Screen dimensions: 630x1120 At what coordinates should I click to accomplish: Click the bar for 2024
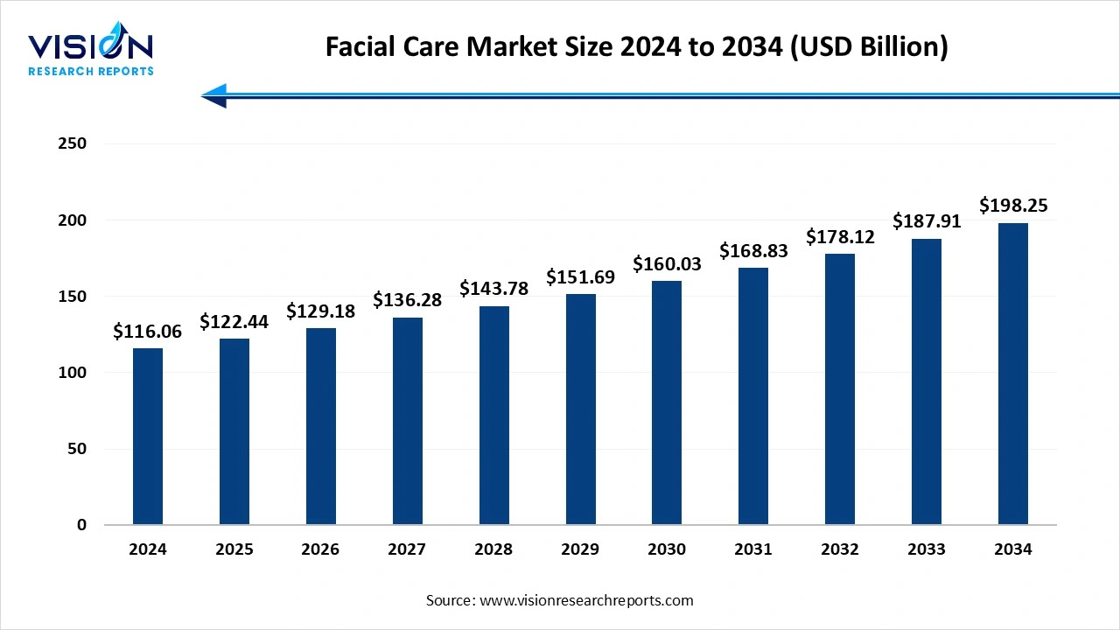click(148, 437)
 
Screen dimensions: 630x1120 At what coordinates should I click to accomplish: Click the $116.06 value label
click(148, 332)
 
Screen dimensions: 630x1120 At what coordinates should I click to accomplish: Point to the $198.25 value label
click(1013, 206)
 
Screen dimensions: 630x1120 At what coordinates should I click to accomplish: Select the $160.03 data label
click(667, 263)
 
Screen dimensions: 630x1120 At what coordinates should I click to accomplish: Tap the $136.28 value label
click(407, 300)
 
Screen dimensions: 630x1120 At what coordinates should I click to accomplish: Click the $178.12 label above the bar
click(840, 236)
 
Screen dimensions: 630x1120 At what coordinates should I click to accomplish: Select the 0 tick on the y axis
click(81, 525)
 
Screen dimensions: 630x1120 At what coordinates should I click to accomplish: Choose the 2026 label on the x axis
click(321, 550)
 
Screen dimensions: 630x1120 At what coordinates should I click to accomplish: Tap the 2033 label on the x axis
click(927, 550)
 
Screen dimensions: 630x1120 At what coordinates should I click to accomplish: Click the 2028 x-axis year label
click(493, 550)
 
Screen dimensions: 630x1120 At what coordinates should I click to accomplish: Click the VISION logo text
click(91, 45)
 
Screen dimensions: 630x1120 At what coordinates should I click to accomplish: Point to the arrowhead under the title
click(213, 95)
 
